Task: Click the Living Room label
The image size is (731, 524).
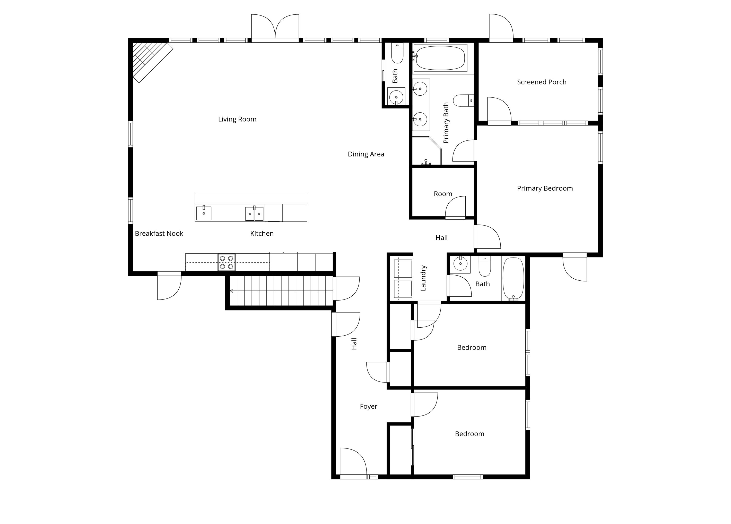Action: pyautogui.click(x=237, y=119)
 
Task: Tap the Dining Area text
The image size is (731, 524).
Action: pyautogui.click(x=366, y=154)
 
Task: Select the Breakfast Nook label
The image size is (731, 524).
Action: pyautogui.click(x=159, y=233)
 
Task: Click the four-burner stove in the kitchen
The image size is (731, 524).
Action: pyautogui.click(x=227, y=262)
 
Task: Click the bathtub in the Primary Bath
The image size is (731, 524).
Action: pyautogui.click(x=440, y=58)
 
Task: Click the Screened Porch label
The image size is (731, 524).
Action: pyautogui.click(x=541, y=82)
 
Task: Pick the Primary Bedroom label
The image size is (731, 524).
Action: pyautogui.click(x=544, y=188)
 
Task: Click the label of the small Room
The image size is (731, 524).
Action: pyautogui.click(x=443, y=194)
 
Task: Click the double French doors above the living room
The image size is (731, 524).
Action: pyautogui.click(x=275, y=27)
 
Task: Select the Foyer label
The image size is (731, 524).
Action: pyautogui.click(x=368, y=406)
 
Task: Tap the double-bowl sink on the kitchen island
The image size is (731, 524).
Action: pyautogui.click(x=254, y=214)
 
